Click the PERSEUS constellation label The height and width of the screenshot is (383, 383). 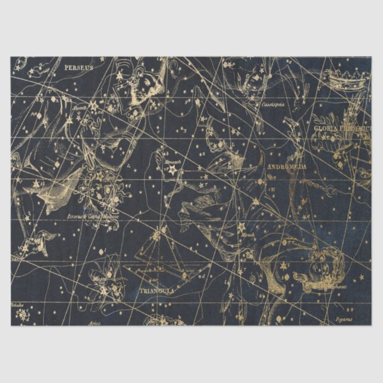coord(79,68)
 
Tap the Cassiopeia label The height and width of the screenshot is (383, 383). coord(273,104)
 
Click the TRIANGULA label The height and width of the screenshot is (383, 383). coord(156,290)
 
